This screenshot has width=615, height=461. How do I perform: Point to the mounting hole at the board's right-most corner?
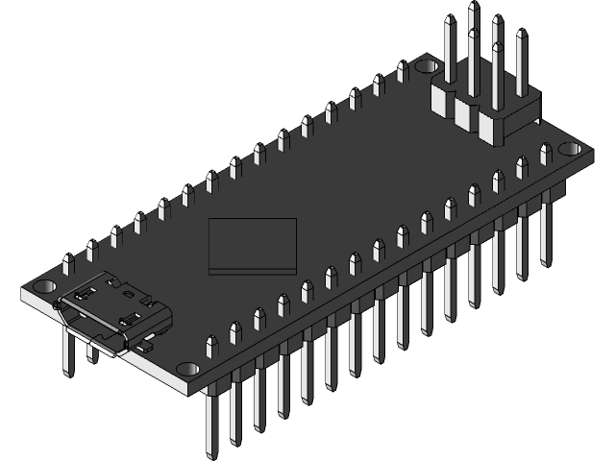coord(572,151)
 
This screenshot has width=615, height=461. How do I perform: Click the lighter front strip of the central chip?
coord(253,267)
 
